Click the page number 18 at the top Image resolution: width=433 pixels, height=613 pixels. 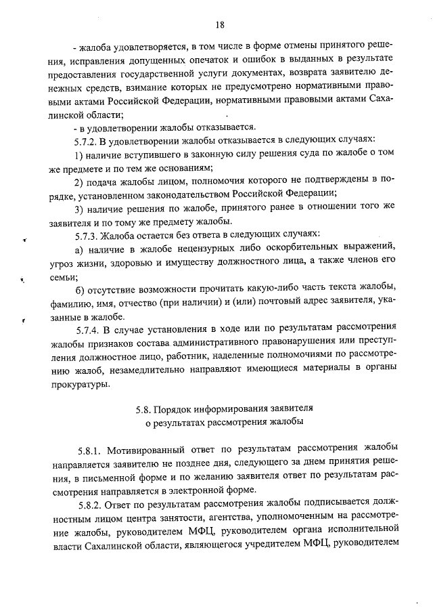[219, 26]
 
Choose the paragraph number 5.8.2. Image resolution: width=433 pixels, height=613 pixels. [92, 505]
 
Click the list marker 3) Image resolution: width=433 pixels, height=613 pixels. [78, 209]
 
